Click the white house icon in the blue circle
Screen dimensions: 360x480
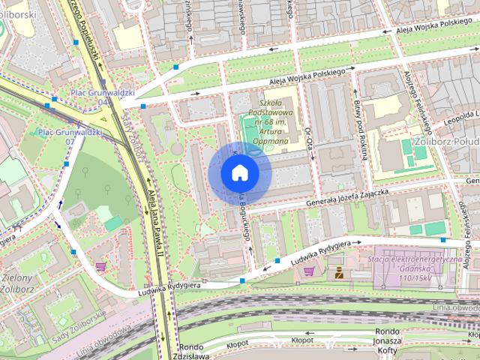[239, 173]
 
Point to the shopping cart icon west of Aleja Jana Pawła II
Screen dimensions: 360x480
[100, 266]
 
